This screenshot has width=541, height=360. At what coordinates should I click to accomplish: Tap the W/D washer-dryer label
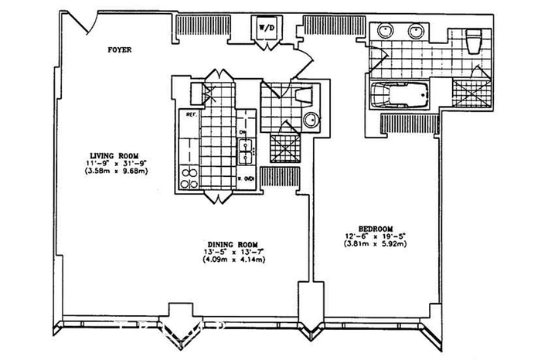click(266, 28)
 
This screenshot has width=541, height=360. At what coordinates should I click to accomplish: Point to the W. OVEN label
click(247, 179)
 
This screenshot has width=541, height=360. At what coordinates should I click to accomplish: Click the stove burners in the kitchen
click(189, 178)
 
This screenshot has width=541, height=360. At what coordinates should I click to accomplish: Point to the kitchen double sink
click(245, 150)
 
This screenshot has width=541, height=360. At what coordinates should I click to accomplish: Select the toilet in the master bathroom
click(474, 36)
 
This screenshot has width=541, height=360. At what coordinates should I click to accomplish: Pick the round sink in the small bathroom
click(311, 121)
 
